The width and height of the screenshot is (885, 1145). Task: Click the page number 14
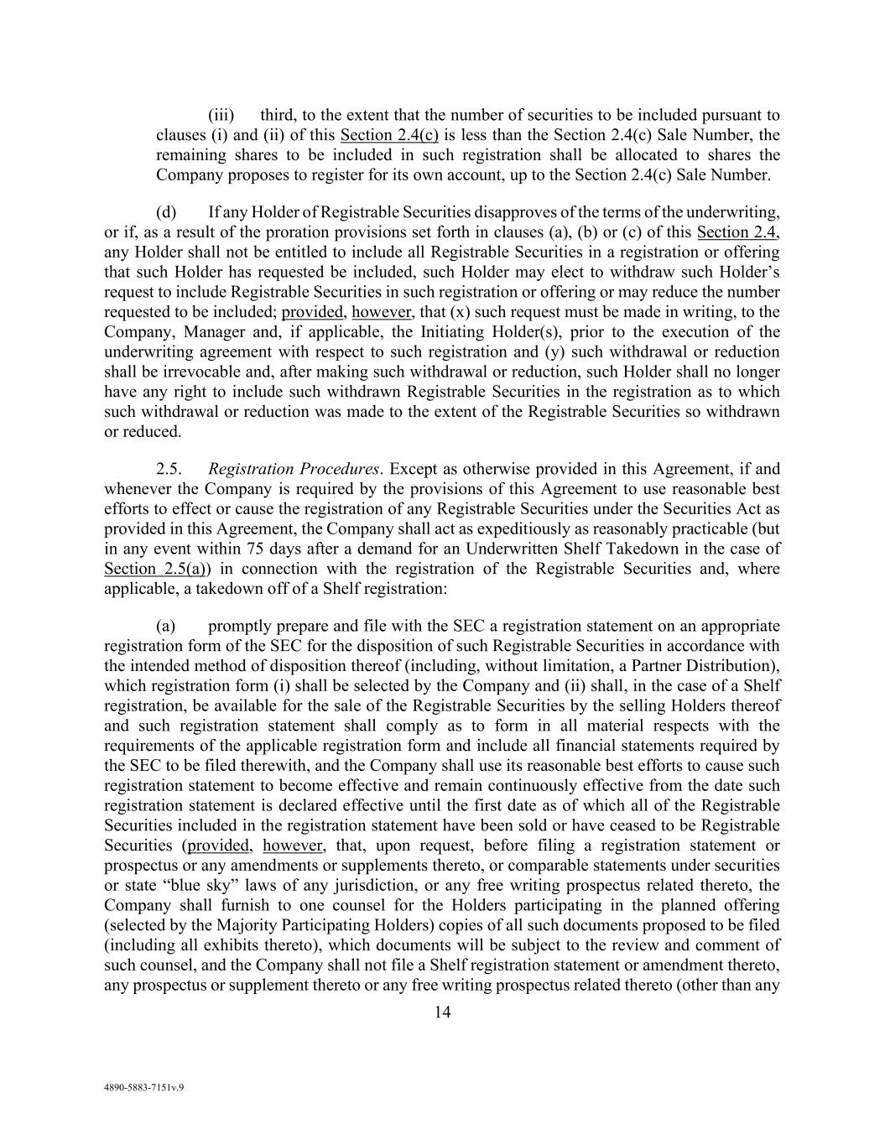[442, 1012]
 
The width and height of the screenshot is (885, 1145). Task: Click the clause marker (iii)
[221, 115]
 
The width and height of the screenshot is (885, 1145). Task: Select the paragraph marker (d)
[165, 211]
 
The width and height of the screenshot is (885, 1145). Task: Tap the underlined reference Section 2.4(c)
[389, 135]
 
